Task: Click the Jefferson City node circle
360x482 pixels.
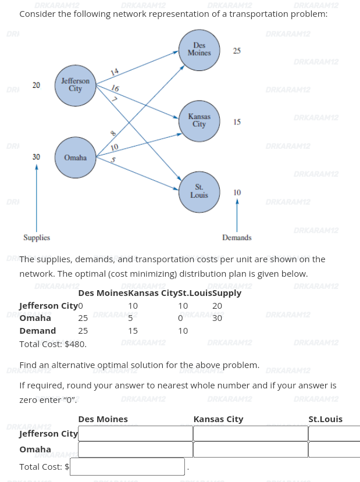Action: [75, 85]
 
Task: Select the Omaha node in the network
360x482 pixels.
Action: [75, 158]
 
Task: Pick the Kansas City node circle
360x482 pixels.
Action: [199, 121]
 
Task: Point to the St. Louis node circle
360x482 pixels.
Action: [199, 191]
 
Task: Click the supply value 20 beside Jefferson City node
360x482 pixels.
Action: [36, 85]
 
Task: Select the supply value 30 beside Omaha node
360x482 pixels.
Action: [36, 157]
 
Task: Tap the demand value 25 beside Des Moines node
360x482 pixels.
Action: [237, 51]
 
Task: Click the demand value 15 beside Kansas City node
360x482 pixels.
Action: [237, 122]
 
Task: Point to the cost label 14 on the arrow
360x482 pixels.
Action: [115, 72]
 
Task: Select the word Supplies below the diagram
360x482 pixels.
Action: [37, 238]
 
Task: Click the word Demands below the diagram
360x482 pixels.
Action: [237, 238]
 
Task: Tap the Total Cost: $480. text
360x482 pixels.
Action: [53, 344]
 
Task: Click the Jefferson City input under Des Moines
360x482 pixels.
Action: [135, 434]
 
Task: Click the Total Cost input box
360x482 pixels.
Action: [127, 466]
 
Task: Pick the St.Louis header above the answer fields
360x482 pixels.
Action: [325, 419]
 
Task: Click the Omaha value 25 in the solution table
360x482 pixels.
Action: [83, 318]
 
